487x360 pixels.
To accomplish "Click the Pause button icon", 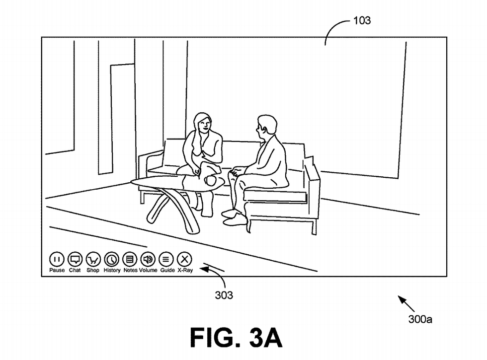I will click(57, 259).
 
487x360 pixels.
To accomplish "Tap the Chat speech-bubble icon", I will click(75, 259).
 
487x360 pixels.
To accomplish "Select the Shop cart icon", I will click(93, 259).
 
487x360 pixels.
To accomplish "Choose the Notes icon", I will click(130, 259).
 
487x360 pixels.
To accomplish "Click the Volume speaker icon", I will click(148, 259).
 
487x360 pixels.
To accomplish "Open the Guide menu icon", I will click(166, 259).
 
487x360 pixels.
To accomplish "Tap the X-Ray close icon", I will click(185, 259).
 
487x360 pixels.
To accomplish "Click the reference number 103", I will click(362, 21).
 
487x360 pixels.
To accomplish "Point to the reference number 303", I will click(224, 295).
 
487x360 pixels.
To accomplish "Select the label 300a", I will click(420, 319).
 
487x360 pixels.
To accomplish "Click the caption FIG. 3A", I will click(236, 338).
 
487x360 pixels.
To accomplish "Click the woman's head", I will click(202, 124).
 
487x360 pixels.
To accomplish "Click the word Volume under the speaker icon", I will click(148, 270).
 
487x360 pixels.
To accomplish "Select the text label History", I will click(112, 270).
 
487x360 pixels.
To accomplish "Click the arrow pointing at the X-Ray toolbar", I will click(211, 269).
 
